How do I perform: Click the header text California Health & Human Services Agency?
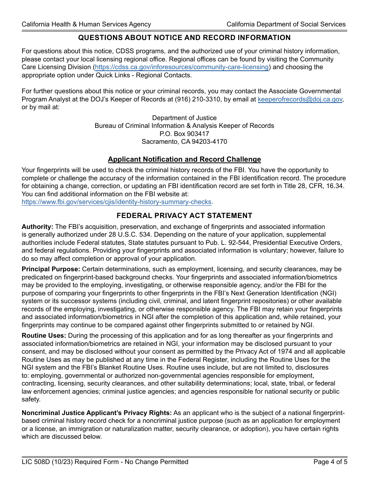(x=86, y=24)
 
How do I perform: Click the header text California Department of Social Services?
(x=286, y=24)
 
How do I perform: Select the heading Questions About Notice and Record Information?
(x=184, y=38)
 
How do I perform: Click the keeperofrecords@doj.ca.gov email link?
(x=300, y=99)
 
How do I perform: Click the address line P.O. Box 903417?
(x=184, y=134)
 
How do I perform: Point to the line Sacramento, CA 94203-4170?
(x=184, y=142)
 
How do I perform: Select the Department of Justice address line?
(x=184, y=118)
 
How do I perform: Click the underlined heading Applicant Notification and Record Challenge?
(x=184, y=159)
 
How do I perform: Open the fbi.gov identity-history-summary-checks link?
(x=117, y=202)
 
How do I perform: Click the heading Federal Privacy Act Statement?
(x=184, y=216)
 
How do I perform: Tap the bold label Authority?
(x=37, y=227)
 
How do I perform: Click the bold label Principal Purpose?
(x=51, y=269)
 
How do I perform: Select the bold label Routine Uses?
(x=44, y=336)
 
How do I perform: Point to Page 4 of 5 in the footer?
(x=329, y=462)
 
